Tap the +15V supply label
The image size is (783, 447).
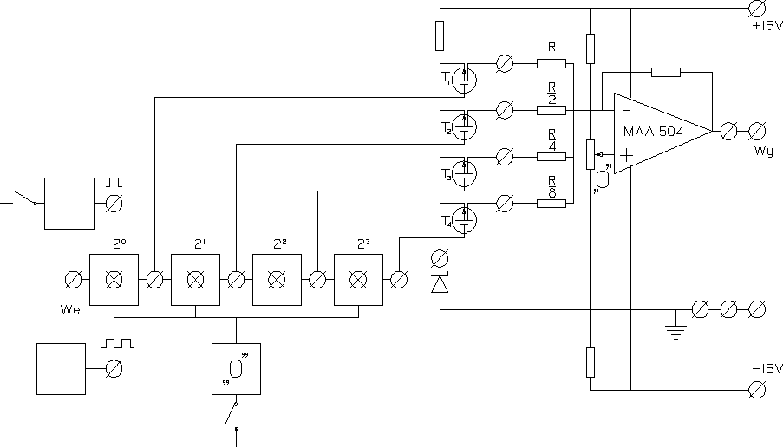pyautogui.click(x=767, y=25)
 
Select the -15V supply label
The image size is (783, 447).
pyautogui.click(x=767, y=369)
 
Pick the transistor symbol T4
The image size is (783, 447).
pyautogui.click(x=467, y=219)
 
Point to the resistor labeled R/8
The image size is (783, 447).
pyautogui.click(x=551, y=203)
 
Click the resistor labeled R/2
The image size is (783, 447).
pyautogui.click(x=551, y=109)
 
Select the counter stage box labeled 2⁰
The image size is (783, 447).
pyautogui.click(x=114, y=280)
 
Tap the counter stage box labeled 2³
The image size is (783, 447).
pyautogui.click(x=359, y=280)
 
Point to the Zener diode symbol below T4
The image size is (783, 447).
pyautogui.click(x=440, y=283)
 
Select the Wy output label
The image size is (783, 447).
pyautogui.click(x=763, y=151)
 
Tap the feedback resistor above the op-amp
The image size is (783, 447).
pyautogui.click(x=665, y=72)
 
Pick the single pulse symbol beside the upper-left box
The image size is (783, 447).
pyautogui.click(x=114, y=183)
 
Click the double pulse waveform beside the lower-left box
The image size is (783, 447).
pyautogui.click(x=118, y=344)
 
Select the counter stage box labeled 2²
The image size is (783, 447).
pyautogui.click(x=277, y=280)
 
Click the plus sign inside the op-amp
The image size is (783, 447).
pyautogui.click(x=626, y=156)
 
